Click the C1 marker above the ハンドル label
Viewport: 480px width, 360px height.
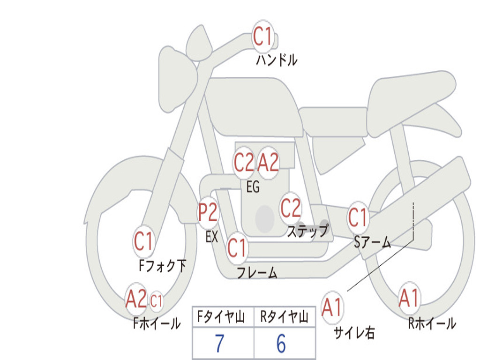[x=263, y=37]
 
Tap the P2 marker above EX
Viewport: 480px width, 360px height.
[x=208, y=213]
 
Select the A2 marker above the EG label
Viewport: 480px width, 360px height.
[x=269, y=163]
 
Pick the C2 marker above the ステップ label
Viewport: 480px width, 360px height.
[x=291, y=208]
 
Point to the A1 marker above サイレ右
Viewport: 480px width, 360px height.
[x=332, y=307]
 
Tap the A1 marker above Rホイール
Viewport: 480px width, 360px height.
[x=409, y=298]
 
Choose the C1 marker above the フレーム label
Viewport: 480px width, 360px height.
[x=237, y=247]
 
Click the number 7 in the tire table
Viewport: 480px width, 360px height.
[x=219, y=344]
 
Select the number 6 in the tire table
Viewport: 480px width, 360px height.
[x=281, y=344]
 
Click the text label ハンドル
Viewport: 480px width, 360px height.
[x=277, y=60]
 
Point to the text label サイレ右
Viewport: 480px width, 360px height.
[x=354, y=333]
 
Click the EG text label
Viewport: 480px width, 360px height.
[x=253, y=187]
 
